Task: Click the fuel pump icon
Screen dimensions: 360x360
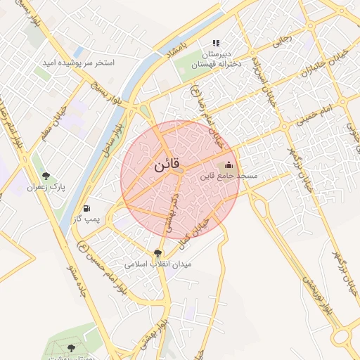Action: pos(86,208)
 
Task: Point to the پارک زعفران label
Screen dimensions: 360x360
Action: pos(46,188)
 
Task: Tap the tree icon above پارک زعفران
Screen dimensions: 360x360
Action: pos(46,176)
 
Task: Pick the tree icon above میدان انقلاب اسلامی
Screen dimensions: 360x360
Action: pos(157,253)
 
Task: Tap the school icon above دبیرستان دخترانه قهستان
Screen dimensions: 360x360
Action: pos(217,43)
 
